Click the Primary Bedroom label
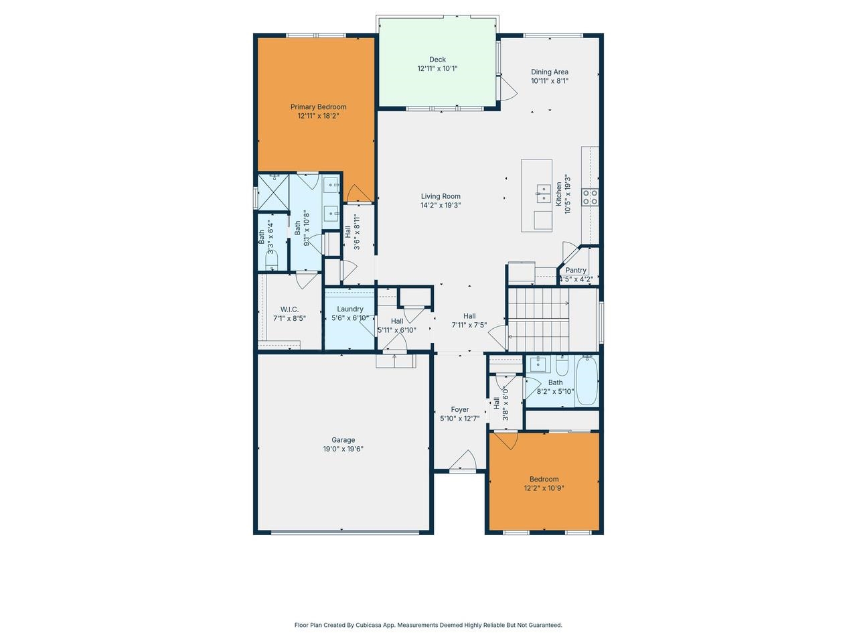pos(318,106)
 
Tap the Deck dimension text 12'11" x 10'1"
pos(437,68)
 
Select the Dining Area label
pos(550,72)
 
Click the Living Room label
pos(441,196)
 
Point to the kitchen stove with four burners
pos(590,197)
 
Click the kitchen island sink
pos(542,196)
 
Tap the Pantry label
pos(576,271)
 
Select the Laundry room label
pos(350,309)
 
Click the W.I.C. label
pos(289,309)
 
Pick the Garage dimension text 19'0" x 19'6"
pos(343,449)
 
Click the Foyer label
pos(459,409)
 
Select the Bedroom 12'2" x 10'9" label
pos(544,479)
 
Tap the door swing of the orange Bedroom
pos(503,441)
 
